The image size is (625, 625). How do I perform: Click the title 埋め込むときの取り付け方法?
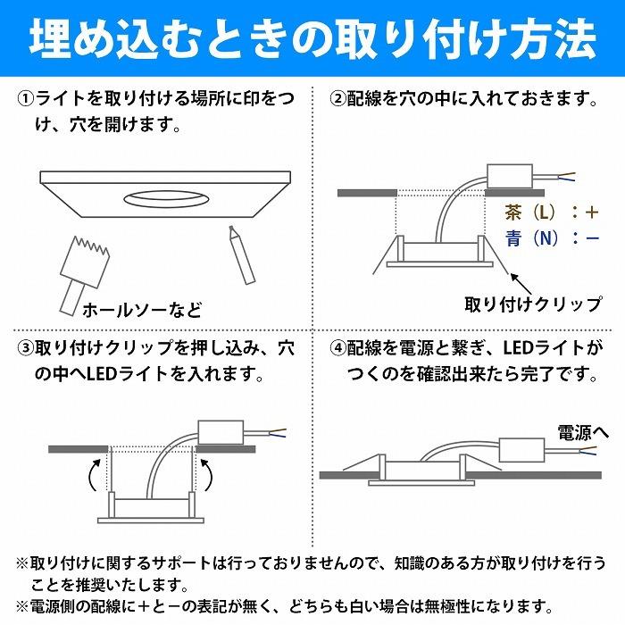click(x=312, y=38)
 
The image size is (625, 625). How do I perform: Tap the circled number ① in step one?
click(x=26, y=98)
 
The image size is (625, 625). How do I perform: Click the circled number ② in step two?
click(x=338, y=98)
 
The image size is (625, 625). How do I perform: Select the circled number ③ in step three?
click(x=26, y=346)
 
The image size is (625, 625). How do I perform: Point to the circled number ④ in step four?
click(x=338, y=346)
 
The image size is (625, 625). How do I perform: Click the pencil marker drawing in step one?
click(x=239, y=254)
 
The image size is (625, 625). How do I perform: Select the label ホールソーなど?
click(x=141, y=311)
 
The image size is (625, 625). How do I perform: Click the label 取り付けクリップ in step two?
click(x=533, y=304)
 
